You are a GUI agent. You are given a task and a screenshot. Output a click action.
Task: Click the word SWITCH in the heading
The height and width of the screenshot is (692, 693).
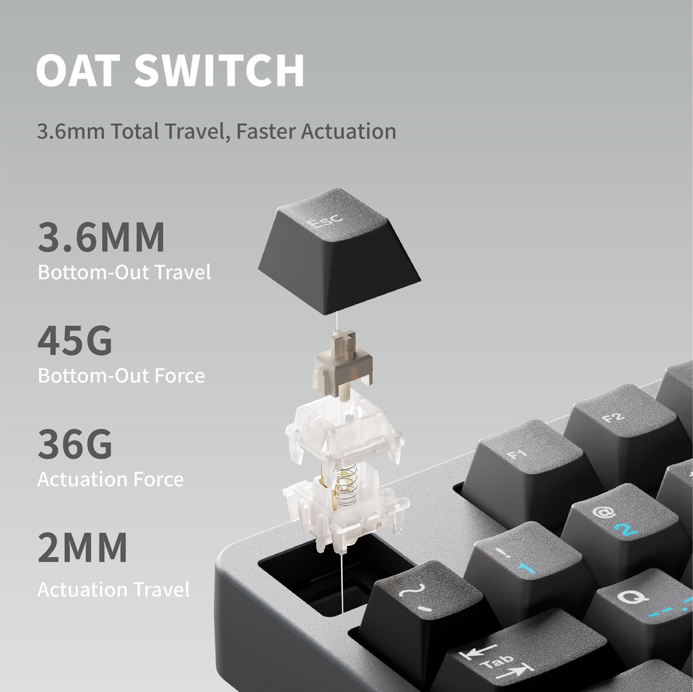pos(219,70)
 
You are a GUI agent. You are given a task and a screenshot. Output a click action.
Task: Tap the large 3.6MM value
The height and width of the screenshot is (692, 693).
pos(101,237)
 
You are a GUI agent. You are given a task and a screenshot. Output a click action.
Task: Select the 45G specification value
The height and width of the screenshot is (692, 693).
pos(74,341)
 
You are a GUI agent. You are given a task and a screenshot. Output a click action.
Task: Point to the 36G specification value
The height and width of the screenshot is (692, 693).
pos(74,444)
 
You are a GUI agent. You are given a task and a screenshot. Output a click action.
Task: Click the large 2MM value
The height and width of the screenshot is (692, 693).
pos(82,549)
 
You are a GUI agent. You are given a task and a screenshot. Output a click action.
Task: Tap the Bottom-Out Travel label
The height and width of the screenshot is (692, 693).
pos(124,273)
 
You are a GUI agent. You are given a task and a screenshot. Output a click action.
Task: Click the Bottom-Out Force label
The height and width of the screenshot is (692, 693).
pos(121,375)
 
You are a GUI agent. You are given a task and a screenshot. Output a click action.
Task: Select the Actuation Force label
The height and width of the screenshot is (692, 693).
pos(110,480)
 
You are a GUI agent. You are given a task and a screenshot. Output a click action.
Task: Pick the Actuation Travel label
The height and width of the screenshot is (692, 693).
pos(113,589)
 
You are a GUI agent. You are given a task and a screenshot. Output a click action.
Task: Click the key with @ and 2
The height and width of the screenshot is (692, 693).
pos(619,524)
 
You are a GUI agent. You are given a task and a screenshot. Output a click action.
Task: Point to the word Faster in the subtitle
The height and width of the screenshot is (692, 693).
pos(266,131)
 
